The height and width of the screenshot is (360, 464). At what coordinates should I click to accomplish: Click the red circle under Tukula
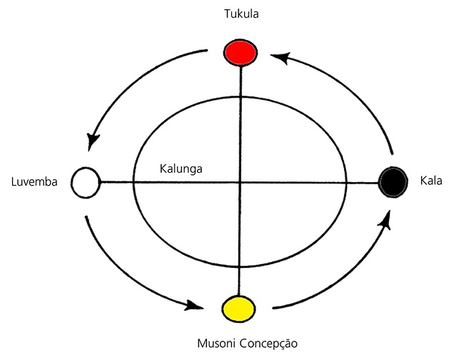pos(240,52)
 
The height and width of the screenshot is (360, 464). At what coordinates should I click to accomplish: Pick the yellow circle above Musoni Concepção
pos(239,309)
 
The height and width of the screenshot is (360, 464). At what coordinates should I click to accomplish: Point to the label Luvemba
pos(34,181)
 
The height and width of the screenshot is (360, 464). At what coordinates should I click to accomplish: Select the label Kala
pos(431,181)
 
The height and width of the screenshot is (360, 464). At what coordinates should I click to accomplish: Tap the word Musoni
pos(217,344)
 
